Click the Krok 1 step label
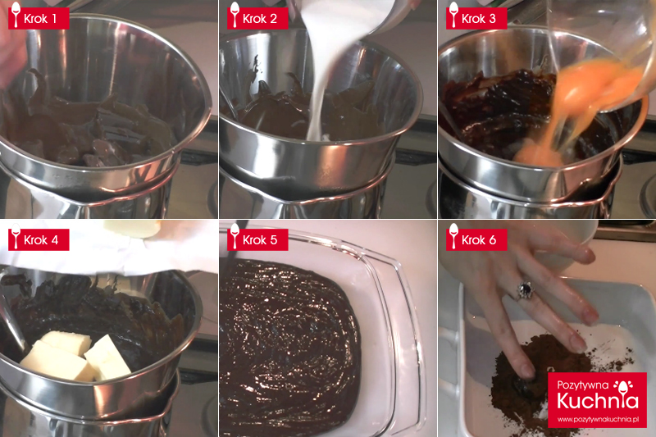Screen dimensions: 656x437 pyautogui.click(x=39, y=18)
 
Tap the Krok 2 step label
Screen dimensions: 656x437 pyautogui.click(x=257, y=18)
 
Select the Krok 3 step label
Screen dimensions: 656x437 pyautogui.click(x=476, y=18)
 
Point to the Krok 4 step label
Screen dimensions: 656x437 pyautogui.click(x=39, y=239)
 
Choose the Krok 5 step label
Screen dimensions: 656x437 pyautogui.click(x=257, y=239)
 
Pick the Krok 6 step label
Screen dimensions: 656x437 pyautogui.click(x=476, y=239)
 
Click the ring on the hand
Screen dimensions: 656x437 pyautogui.click(x=525, y=289)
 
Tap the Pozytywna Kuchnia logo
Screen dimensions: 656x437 pyautogui.click(x=598, y=400)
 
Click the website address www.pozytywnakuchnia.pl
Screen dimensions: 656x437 pyautogui.click(x=598, y=419)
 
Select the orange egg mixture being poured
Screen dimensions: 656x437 pyautogui.click(x=577, y=109)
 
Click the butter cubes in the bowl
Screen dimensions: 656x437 pyautogui.click(x=76, y=357)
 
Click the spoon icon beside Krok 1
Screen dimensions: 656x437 pyautogui.click(x=16, y=15)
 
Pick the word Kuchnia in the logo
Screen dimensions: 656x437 pyautogui.click(x=598, y=401)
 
